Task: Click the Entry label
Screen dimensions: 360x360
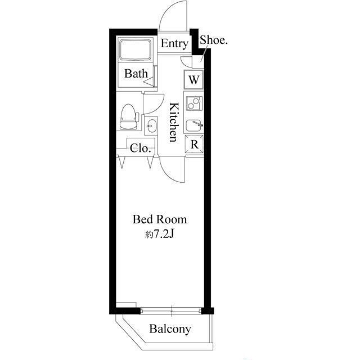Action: coord(174,44)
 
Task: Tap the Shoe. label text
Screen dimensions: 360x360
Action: coord(214,40)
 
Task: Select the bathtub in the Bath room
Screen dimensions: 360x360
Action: coord(136,50)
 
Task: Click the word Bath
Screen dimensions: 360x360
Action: coord(136,74)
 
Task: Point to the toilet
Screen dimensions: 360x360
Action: coord(129,117)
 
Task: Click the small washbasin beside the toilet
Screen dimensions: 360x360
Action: coord(151,125)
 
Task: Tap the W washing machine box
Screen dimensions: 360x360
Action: coord(193,79)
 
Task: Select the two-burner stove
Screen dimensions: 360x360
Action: coord(194,103)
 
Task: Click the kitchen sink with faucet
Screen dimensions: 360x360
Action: coord(194,126)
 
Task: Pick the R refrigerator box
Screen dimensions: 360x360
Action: coord(194,144)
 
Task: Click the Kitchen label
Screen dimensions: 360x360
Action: coord(174,122)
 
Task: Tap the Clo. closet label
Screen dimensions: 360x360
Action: coord(140,148)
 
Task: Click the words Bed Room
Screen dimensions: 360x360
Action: coord(160,219)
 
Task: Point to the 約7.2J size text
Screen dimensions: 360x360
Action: coord(159,234)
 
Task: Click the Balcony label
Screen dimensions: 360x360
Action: coord(170,329)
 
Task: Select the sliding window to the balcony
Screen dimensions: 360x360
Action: coord(171,310)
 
